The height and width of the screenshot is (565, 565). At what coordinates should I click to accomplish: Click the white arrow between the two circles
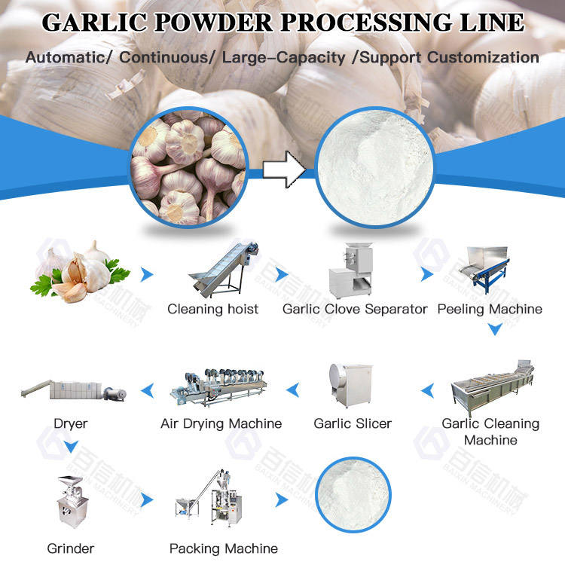point(283,171)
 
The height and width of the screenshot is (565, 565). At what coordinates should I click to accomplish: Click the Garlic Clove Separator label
point(355,309)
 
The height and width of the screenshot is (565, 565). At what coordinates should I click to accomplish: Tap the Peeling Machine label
point(490,309)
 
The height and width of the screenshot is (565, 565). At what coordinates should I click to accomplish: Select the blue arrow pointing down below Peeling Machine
point(493,329)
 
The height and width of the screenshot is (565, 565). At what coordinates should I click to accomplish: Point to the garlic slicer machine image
point(350,385)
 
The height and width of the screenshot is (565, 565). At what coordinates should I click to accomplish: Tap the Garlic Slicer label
point(353,423)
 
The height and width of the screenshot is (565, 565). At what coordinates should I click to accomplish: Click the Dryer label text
point(70,423)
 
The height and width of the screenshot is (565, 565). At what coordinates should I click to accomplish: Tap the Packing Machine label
point(223,548)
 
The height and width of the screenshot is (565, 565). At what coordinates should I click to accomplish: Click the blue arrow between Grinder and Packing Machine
point(147,500)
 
